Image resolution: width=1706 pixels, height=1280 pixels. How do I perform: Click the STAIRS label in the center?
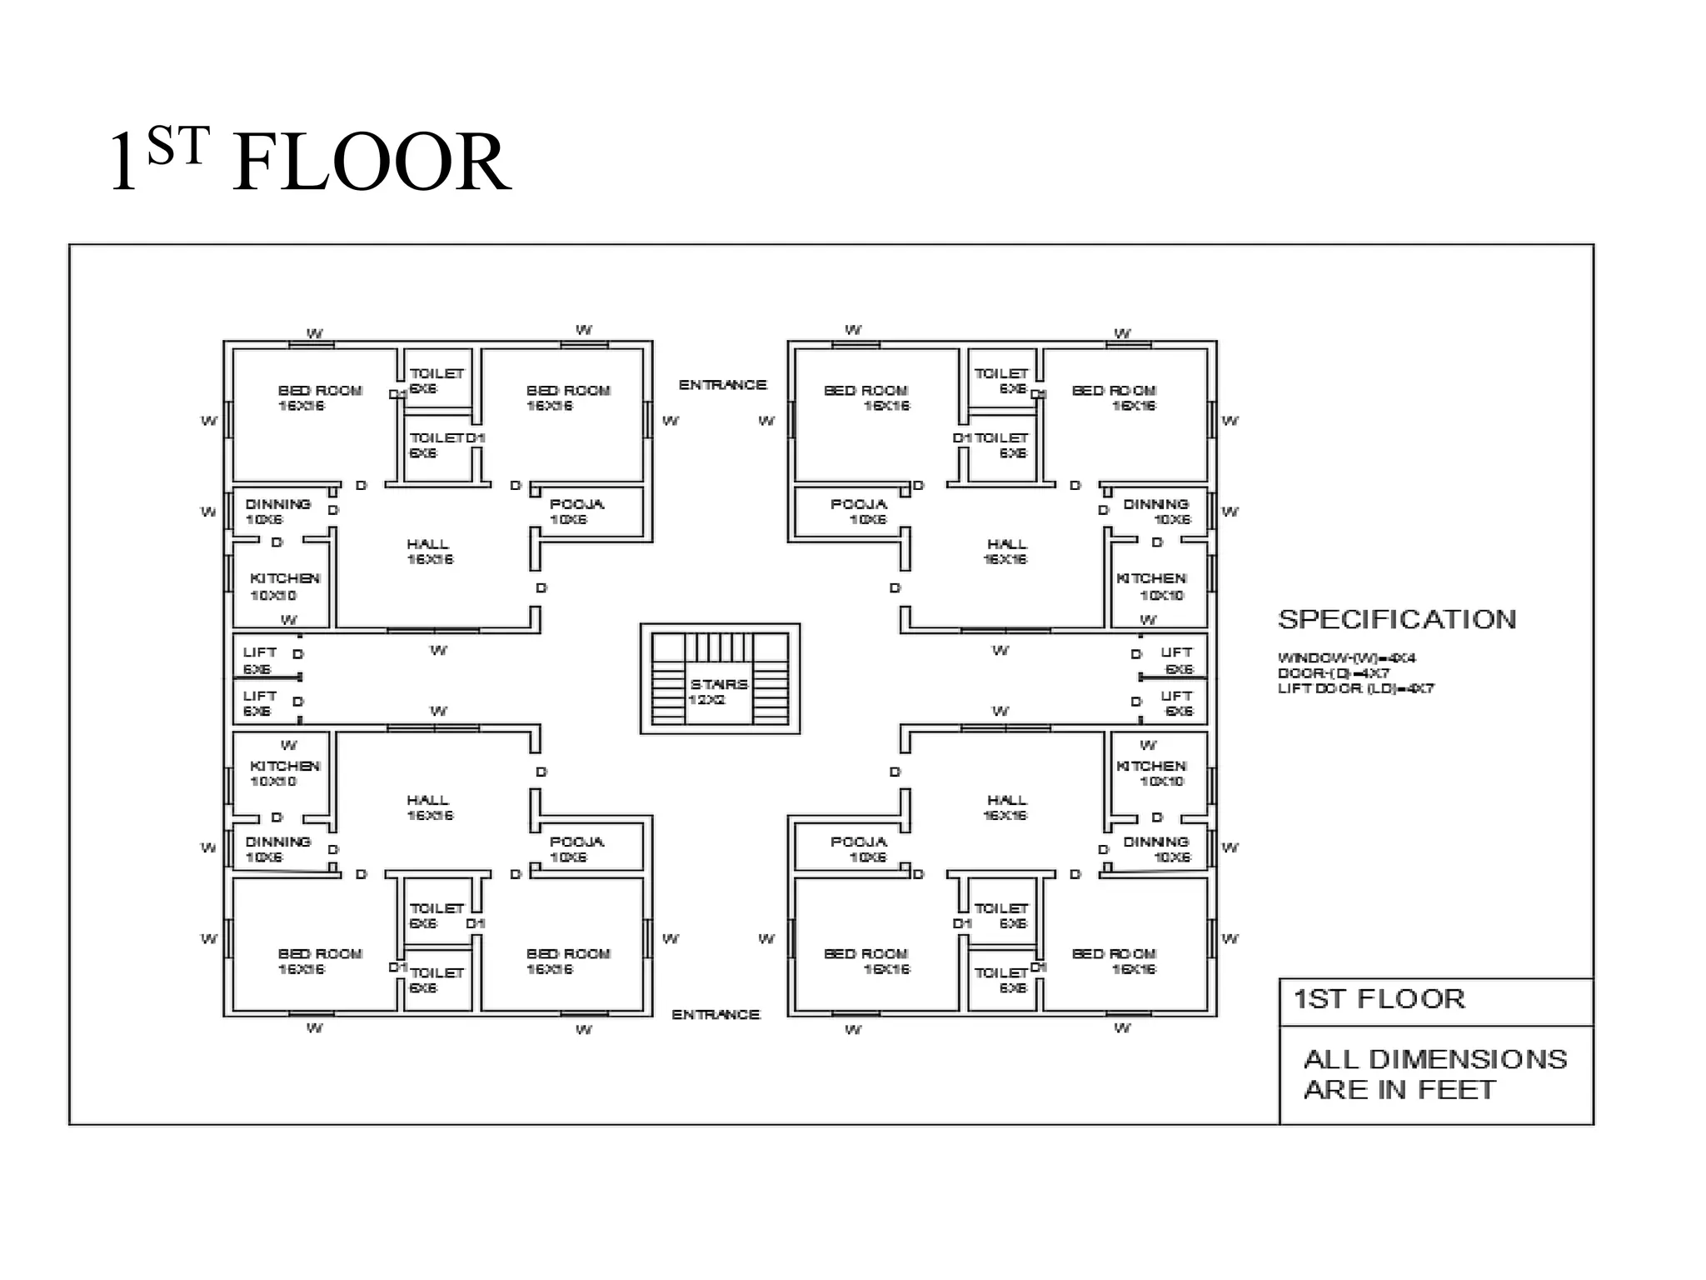[x=718, y=684]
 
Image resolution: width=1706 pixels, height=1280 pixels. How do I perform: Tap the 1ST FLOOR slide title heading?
[x=310, y=162]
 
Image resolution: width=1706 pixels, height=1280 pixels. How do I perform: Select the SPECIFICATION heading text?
[x=1397, y=619]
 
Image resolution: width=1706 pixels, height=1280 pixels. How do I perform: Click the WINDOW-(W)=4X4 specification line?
[x=1346, y=658]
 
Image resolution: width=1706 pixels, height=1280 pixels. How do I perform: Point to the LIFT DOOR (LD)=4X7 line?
[x=1355, y=689]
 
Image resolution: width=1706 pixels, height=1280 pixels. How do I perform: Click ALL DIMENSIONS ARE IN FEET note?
[x=1434, y=1074]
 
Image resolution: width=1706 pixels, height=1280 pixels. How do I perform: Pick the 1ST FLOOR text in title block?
[x=1379, y=999]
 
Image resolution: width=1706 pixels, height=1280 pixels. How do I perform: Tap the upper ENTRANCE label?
[x=722, y=385]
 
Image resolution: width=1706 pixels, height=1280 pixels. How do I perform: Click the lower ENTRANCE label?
[x=716, y=1014]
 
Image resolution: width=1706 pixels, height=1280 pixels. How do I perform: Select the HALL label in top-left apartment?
[x=428, y=544]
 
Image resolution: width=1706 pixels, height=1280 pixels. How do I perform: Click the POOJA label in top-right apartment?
[x=858, y=504]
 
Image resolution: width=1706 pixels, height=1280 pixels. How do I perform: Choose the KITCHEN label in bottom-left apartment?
[x=285, y=766]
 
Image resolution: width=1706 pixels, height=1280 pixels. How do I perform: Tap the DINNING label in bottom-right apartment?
[x=1155, y=842]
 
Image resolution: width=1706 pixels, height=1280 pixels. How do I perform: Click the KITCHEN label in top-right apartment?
[x=1151, y=578]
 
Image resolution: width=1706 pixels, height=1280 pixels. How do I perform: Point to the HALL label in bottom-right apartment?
[x=1006, y=800]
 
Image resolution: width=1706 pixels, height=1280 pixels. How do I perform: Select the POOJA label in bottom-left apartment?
[x=576, y=842]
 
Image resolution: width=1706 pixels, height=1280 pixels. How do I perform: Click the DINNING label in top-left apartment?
[x=277, y=504]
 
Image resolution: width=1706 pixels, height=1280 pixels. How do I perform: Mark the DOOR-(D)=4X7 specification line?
[x=1333, y=673]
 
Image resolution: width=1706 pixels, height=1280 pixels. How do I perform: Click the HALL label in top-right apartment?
[x=1006, y=544]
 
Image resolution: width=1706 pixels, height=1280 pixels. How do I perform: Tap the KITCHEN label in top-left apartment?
[x=285, y=578]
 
